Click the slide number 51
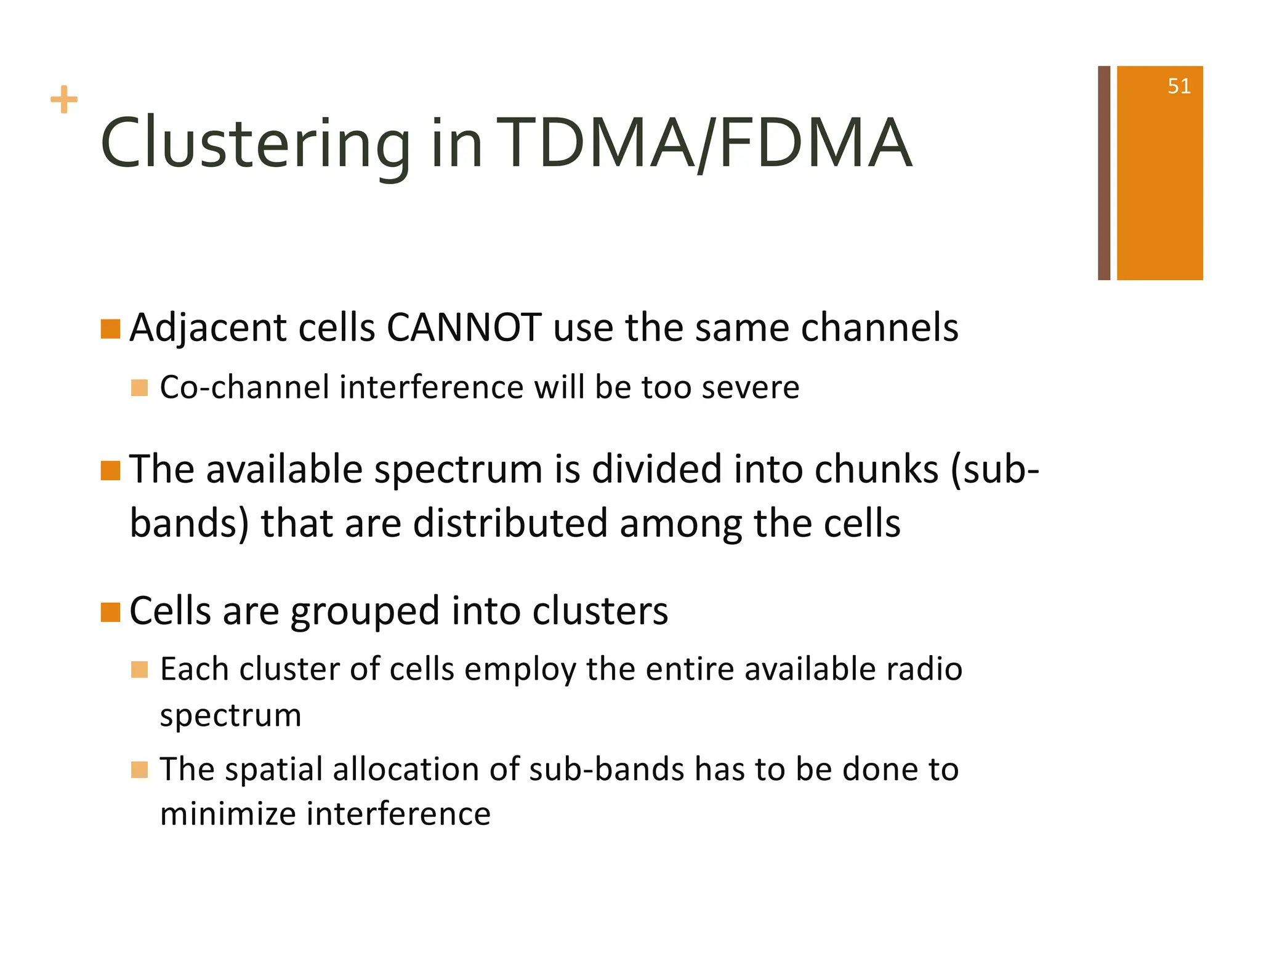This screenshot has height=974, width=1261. coord(1178,86)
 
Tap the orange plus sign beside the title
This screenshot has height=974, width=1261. coord(64,100)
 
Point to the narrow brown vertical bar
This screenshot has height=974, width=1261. coord(1104,173)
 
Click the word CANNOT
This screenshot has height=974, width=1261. coord(464,328)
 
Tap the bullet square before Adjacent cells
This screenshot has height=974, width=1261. coord(110,329)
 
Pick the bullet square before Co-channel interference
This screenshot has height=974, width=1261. coord(140,388)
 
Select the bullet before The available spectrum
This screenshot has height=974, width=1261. coord(110,471)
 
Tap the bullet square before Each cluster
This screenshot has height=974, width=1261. coord(140,669)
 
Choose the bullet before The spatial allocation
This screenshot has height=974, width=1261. coord(140,770)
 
